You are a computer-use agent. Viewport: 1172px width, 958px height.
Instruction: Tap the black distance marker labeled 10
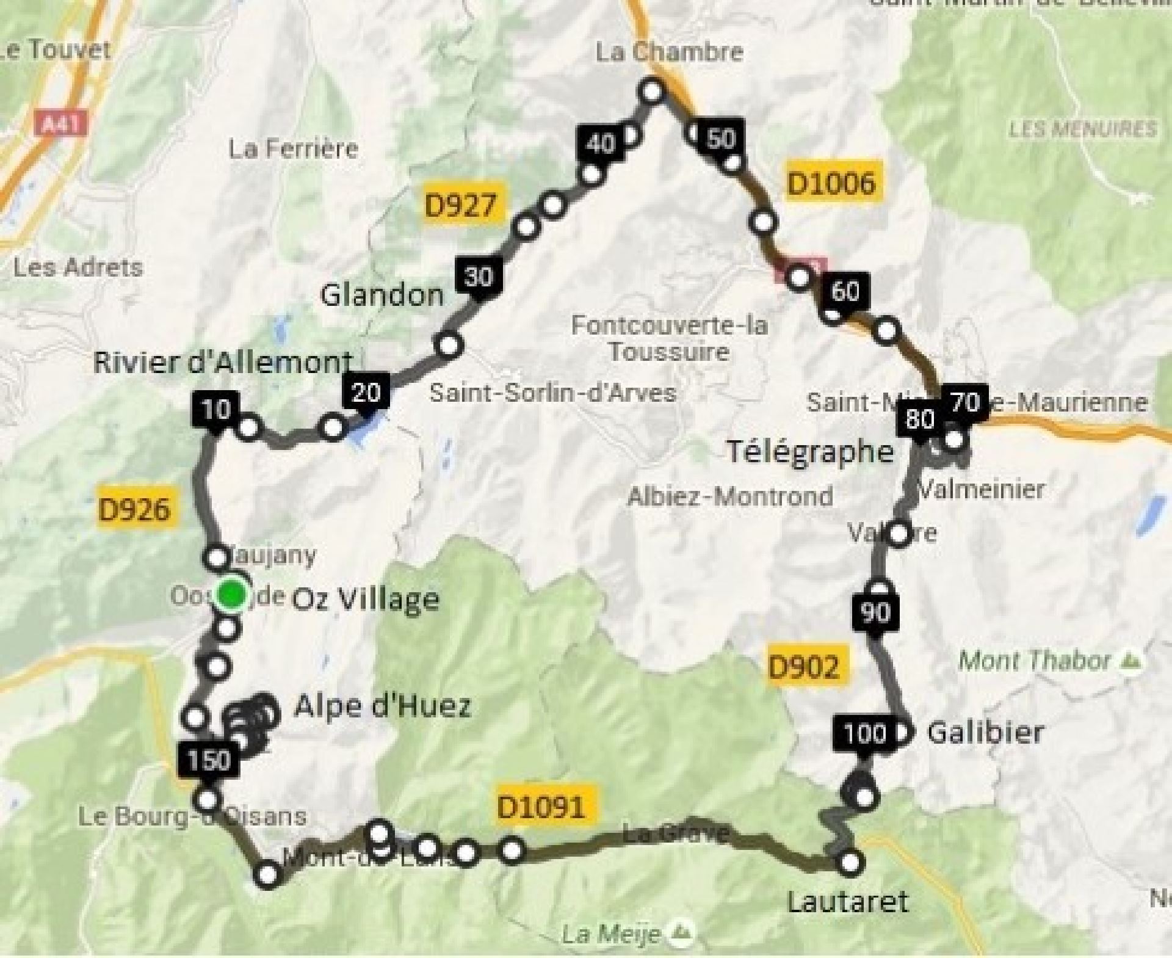(x=215, y=409)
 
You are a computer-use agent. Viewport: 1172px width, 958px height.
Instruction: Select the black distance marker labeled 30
(x=479, y=277)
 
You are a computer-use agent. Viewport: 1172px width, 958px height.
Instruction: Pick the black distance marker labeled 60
(x=845, y=292)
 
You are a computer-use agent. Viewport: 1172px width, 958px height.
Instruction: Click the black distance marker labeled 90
(x=875, y=612)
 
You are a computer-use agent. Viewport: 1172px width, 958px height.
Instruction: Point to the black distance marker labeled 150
(x=209, y=760)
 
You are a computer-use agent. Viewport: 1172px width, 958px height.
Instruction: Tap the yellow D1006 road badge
(x=831, y=183)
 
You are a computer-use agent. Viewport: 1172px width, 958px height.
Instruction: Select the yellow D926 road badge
(x=134, y=508)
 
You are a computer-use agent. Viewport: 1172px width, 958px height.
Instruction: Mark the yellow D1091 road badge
(x=541, y=807)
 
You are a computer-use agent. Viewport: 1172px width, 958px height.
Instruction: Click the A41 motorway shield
(x=62, y=125)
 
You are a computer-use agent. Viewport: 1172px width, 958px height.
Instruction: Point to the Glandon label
(x=382, y=296)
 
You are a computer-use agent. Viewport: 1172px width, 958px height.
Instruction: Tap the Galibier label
(x=985, y=732)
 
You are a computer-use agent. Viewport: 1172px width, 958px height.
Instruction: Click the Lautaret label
(x=848, y=901)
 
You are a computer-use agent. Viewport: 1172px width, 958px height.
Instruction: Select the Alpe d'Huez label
(x=382, y=706)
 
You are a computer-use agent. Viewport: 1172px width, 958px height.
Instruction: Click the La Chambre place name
(x=669, y=52)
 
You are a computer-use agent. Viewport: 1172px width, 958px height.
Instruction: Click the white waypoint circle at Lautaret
(x=850, y=862)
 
